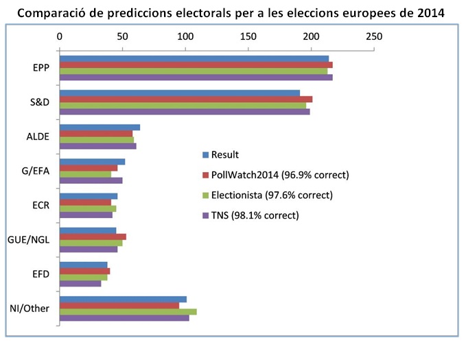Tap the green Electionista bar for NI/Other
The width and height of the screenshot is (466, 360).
(x=128, y=311)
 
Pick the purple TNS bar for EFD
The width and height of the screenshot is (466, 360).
(x=80, y=283)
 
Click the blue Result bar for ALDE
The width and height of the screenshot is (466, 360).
(x=100, y=127)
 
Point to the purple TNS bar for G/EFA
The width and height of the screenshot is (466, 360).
(x=91, y=180)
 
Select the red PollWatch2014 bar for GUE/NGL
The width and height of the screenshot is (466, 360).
(x=93, y=237)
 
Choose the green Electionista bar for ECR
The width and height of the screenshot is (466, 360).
(x=88, y=208)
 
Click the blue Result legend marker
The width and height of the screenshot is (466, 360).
(x=205, y=154)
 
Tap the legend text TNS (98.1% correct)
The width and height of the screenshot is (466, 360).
(x=255, y=215)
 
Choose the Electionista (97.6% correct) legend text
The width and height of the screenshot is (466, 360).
(x=272, y=195)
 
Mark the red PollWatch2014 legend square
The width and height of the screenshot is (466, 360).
(x=205, y=175)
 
